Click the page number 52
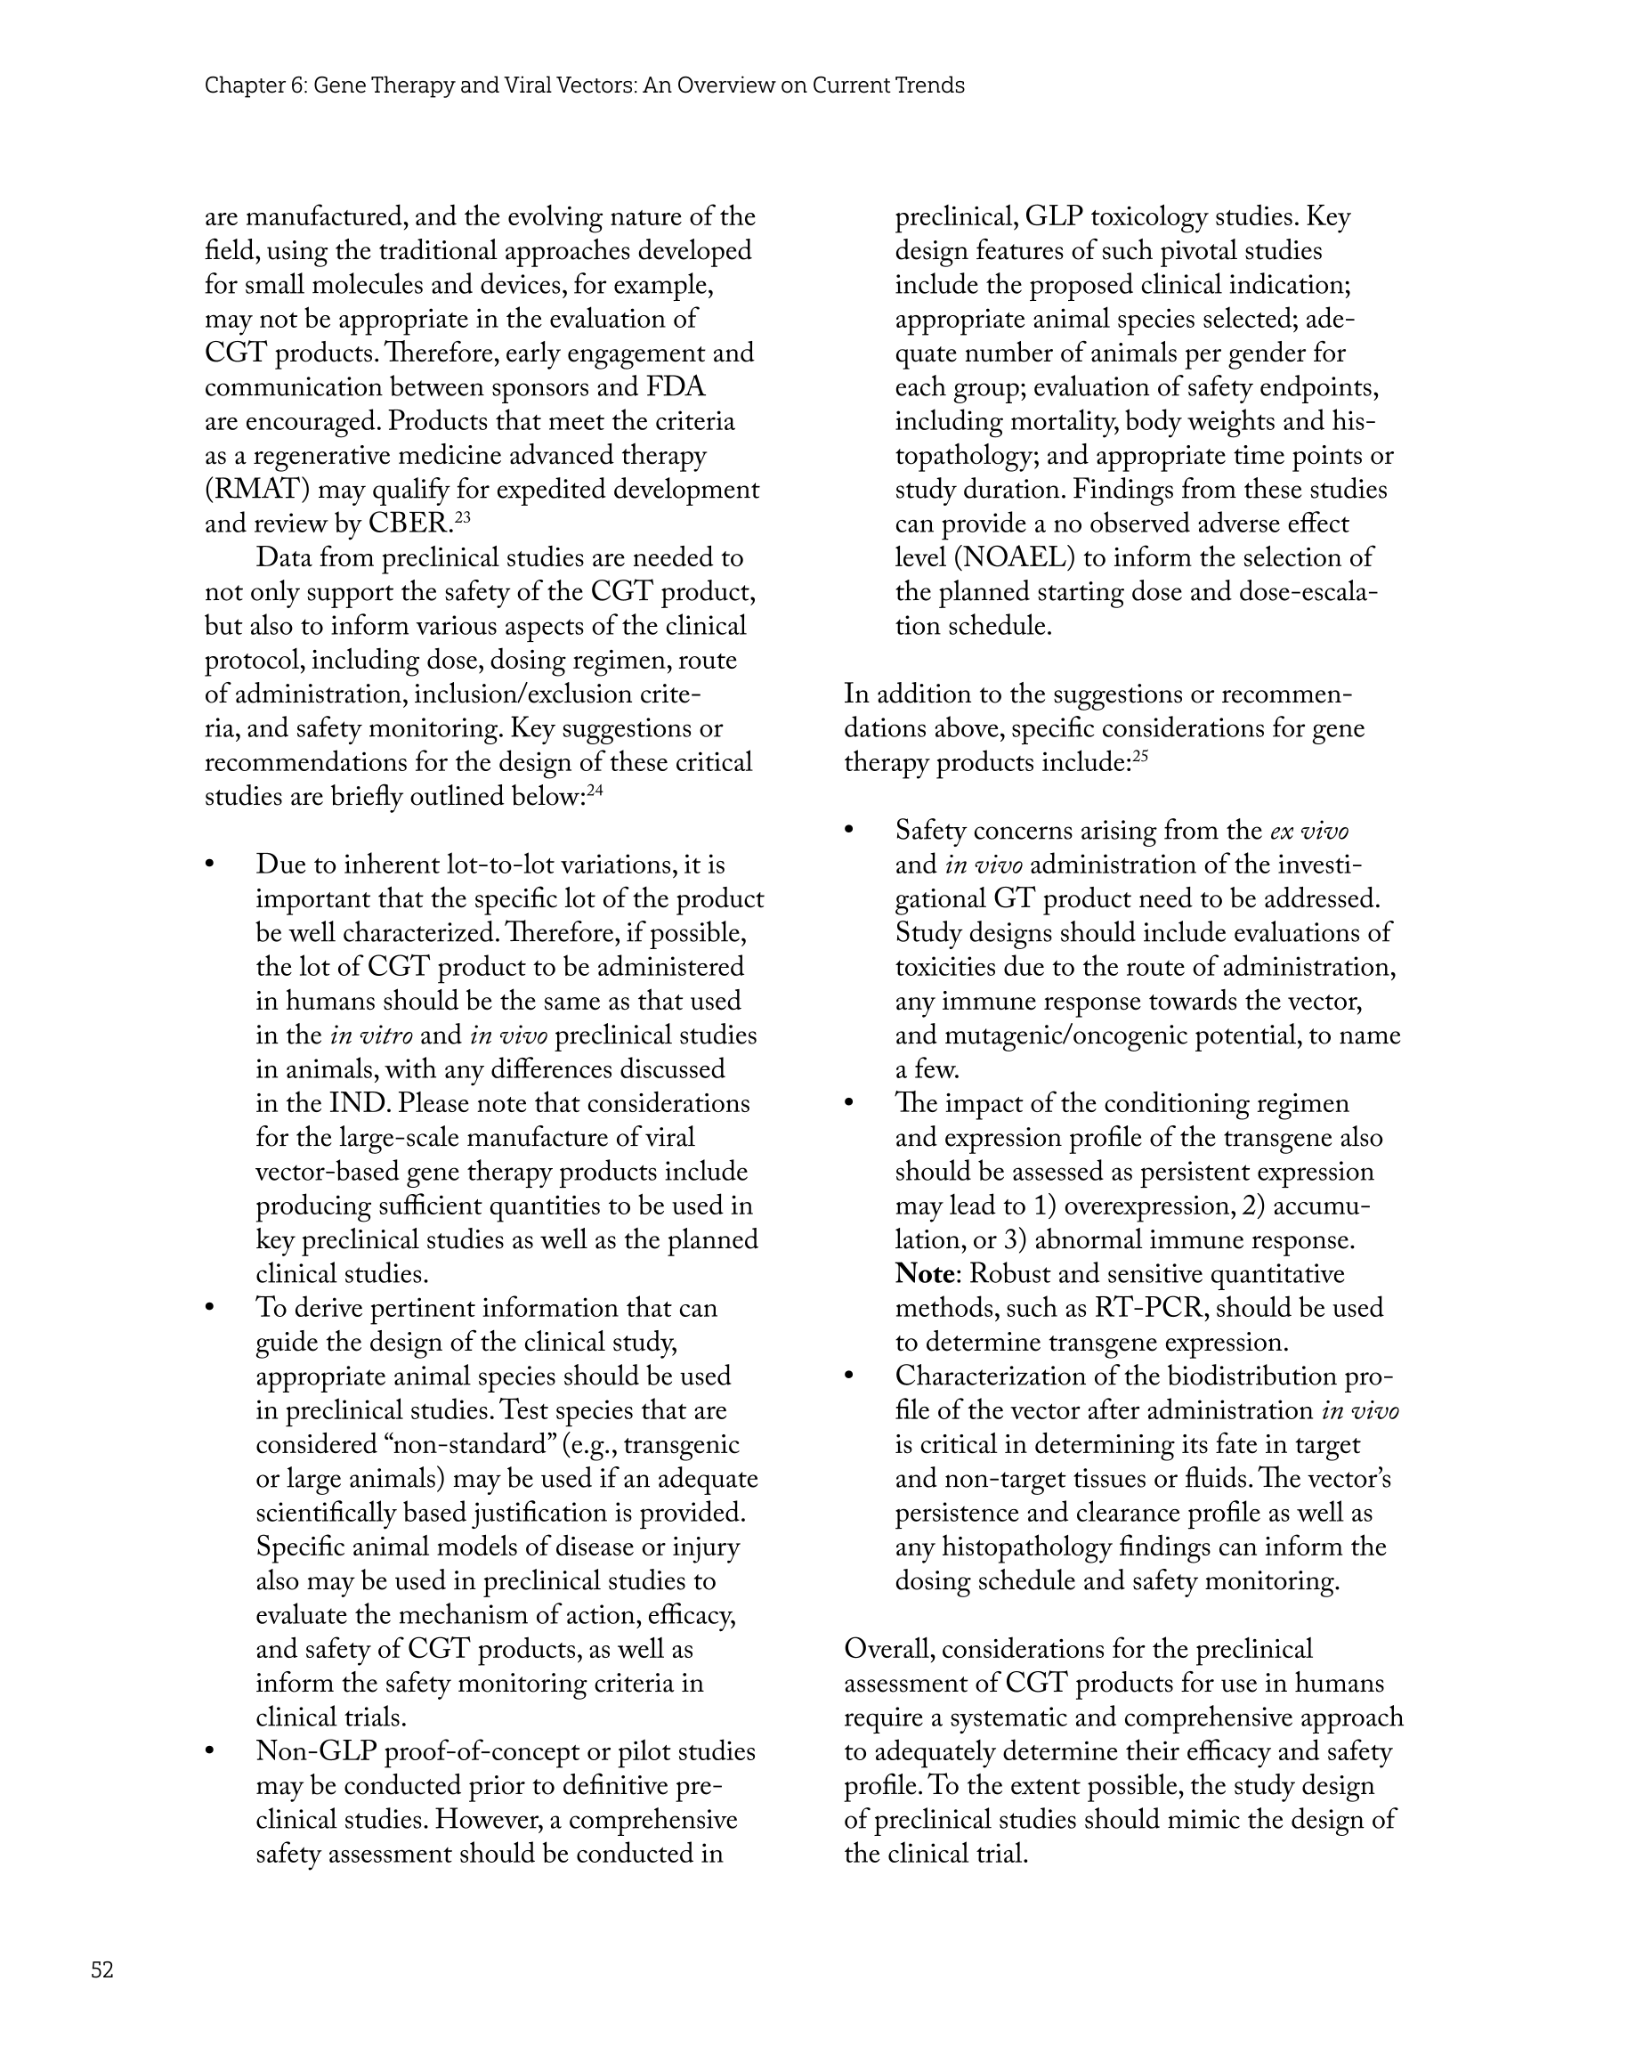[x=102, y=1970]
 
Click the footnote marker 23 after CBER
[x=462, y=517]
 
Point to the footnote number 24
[x=595, y=791]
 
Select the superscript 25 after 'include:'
[x=1139, y=756]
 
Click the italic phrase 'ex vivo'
[x=1309, y=832]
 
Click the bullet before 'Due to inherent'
[x=211, y=865]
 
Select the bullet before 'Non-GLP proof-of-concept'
[x=211, y=1752]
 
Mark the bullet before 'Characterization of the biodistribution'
[x=850, y=1376]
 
